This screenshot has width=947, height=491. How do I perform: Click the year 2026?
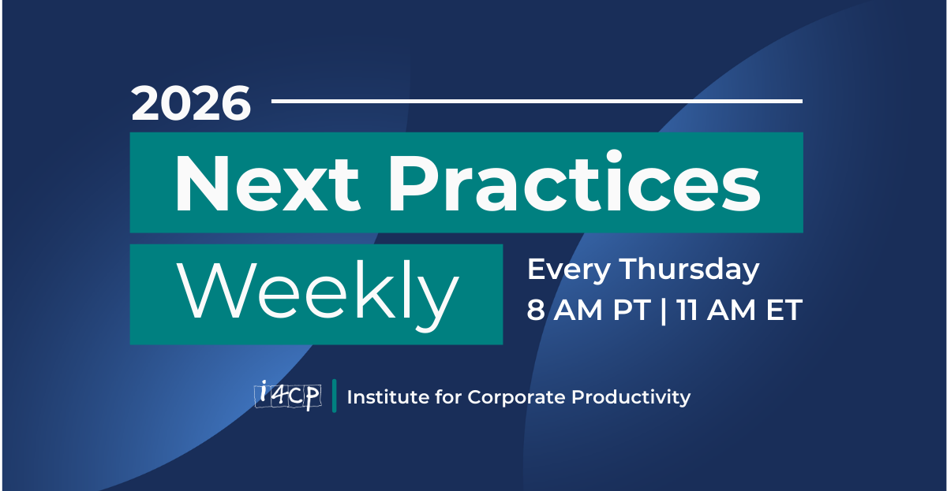(191, 103)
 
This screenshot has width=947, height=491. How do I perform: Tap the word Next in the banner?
(268, 184)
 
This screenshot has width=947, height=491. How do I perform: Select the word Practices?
(575, 180)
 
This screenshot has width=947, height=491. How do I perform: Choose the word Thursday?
(690, 270)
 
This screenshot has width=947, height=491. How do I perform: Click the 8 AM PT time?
(589, 311)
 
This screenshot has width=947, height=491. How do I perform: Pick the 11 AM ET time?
(739, 311)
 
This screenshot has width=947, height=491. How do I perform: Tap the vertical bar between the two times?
(664, 311)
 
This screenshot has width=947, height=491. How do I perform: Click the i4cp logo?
(287, 395)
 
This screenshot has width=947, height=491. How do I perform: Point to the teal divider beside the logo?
(335, 396)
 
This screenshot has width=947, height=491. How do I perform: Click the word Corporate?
(516, 397)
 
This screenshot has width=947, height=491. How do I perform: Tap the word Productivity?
(631, 397)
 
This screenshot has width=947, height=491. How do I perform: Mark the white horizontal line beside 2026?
(537, 102)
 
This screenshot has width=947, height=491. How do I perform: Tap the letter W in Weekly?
(216, 290)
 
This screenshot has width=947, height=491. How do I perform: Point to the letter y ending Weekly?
(439, 303)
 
